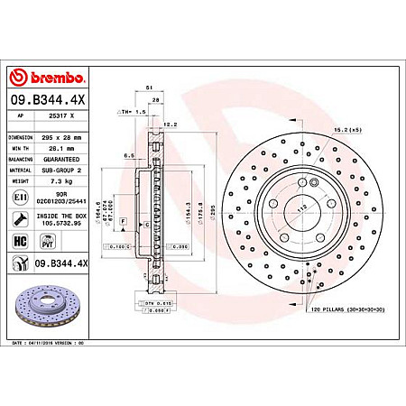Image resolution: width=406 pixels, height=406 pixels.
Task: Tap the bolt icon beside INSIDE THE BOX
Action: pos(20,218)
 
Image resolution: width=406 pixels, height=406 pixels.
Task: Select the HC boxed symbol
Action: pos(20,241)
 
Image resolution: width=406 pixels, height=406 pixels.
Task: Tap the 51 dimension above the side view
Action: pos(147,88)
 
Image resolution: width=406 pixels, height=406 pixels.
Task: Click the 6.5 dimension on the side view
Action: pos(130,154)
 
